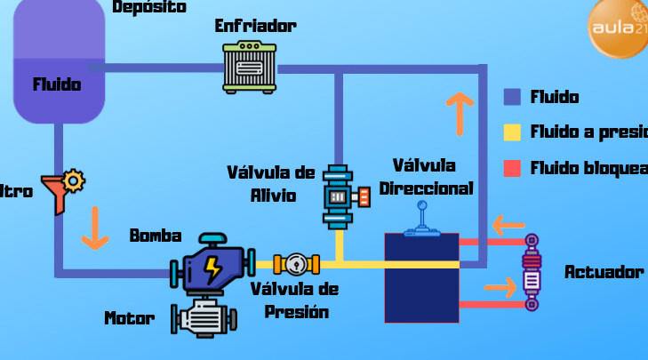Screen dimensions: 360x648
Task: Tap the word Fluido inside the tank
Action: [57, 85]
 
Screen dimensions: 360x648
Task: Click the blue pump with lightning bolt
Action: [211, 263]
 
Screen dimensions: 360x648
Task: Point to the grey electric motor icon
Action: [204, 317]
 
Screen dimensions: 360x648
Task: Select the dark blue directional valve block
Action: [421, 277]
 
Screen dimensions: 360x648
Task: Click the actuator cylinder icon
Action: [532, 272]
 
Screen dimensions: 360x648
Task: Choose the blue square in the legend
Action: [512, 97]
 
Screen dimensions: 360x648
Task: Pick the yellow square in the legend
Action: [512, 132]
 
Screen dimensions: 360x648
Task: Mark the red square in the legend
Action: [512, 168]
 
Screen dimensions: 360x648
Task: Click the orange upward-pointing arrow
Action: [460, 112]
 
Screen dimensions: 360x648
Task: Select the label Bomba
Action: [156, 236]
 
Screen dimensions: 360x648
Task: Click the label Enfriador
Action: [255, 26]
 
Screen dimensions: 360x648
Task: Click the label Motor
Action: [130, 318]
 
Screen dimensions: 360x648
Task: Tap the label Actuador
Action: [604, 272]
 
